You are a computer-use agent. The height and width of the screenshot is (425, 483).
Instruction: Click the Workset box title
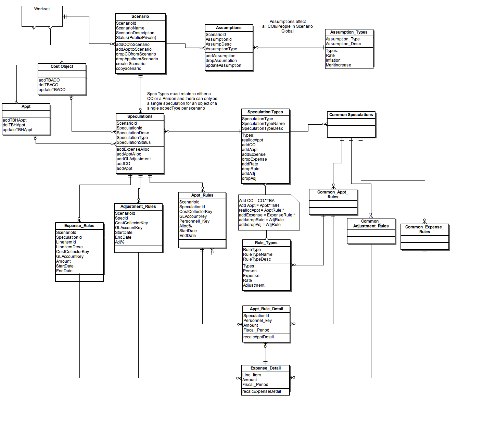click(42, 9)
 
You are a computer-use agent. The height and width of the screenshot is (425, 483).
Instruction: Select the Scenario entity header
click(140, 16)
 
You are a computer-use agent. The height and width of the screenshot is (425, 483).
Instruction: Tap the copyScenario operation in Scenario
click(128, 68)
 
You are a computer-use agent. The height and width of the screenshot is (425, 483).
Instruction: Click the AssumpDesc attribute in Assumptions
click(219, 44)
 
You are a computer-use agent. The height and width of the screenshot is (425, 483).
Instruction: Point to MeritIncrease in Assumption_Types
click(338, 65)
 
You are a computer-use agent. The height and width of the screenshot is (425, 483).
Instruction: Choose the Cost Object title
click(62, 66)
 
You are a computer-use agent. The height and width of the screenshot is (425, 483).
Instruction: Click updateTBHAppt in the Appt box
click(17, 130)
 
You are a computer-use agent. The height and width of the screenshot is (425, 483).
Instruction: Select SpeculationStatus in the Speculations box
click(134, 142)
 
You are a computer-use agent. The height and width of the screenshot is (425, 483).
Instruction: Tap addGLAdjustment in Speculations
click(134, 159)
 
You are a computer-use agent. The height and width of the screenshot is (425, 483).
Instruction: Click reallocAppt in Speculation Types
click(253, 140)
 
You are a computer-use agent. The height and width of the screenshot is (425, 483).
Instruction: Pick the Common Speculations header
click(351, 115)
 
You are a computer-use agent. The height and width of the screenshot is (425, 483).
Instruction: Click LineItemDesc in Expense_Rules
click(69, 247)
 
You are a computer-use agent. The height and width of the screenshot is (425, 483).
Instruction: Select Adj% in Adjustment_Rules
click(120, 242)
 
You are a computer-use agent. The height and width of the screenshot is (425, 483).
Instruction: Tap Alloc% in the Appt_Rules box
click(186, 226)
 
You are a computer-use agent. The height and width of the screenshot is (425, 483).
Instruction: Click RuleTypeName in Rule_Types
click(257, 254)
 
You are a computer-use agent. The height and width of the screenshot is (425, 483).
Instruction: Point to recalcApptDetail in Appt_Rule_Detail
click(258, 337)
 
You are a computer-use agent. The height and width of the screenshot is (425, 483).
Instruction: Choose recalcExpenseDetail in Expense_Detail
click(262, 391)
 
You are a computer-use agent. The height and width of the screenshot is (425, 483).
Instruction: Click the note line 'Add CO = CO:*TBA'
click(256, 201)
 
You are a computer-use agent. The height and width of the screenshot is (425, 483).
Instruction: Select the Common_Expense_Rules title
click(424, 229)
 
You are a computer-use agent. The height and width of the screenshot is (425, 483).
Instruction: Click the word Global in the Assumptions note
click(287, 31)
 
